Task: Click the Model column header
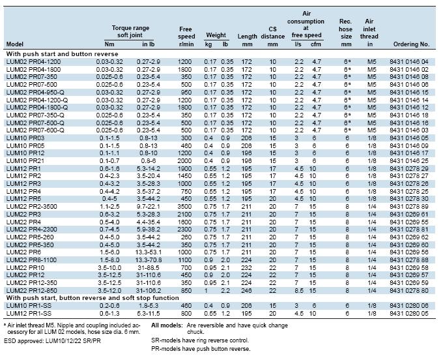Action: (x=15, y=44)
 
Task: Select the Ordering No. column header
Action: (x=411, y=44)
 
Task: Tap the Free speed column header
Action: (x=186, y=37)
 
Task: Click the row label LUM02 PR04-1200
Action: (x=33, y=62)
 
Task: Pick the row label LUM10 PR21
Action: (x=25, y=160)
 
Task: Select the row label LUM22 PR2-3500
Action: (x=32, y=207)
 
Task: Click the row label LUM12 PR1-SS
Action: (x=29, y=313)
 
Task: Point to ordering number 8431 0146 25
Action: (x=409, y=160)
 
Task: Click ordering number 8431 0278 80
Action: (x=409, y=290)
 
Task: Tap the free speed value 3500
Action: (x=184, y=207)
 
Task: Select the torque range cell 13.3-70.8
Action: (x=149, y=260)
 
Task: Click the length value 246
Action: (x=247, y=290)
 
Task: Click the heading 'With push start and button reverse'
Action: (x=62, y=53)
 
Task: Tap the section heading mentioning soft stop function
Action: (x=93, y=298)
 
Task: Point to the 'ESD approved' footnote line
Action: (x=52, y=341)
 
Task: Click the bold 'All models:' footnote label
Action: (x=167, y=325)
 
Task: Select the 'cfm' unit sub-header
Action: (x=316, y=44)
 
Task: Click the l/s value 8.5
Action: (x=299, y=290)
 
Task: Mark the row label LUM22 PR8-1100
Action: (x=31, y=260)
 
